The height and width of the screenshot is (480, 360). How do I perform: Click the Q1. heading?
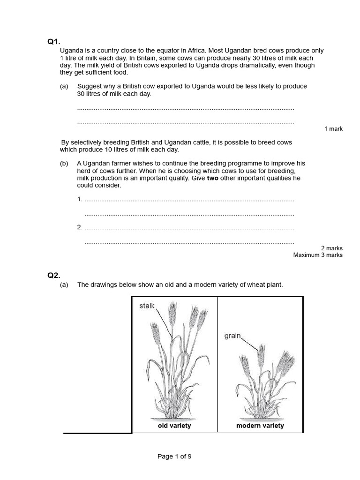pos(53,42)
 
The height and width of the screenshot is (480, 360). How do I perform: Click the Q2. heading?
pos(53,275)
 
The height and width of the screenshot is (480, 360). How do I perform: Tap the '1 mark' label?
pos(333,128)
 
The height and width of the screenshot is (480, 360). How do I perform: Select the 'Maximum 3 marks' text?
pos(318,255)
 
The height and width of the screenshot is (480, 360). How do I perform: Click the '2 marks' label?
pos(331,248)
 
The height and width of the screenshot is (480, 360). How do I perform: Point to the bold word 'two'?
pos(212,178)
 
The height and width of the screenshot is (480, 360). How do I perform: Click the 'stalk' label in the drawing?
pos(147,306)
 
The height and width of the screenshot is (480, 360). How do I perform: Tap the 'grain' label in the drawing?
pos(232,336)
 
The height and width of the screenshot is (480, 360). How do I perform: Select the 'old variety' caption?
pos(174,426)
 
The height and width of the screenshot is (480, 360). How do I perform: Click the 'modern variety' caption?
pos(260,426)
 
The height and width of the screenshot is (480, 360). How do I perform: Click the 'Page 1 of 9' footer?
pos(174,456)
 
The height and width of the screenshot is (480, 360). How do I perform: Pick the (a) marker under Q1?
pos(64,86)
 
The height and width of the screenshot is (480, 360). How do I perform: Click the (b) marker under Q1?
pos(64,163)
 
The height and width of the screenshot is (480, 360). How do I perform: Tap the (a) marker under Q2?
pos(64,285)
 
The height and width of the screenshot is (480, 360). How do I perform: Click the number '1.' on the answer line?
pos(80,199)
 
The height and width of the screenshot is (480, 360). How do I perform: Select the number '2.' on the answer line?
pos(80,227)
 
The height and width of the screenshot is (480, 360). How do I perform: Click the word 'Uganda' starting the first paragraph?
pos(71,51)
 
